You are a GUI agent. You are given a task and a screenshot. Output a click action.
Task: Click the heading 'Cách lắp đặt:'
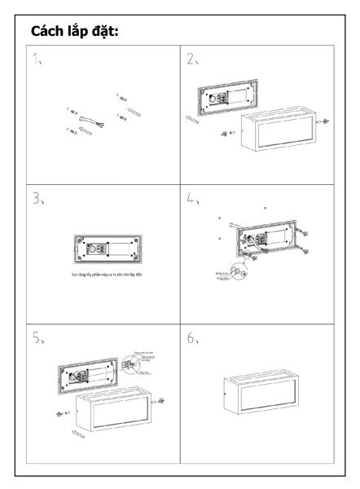pos(74,32)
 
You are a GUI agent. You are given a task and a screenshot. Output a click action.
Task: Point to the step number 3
pos(37,198)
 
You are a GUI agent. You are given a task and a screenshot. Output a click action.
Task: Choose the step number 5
pos(37,338)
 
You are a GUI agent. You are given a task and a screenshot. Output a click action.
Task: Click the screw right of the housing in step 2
pos(325,121)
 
